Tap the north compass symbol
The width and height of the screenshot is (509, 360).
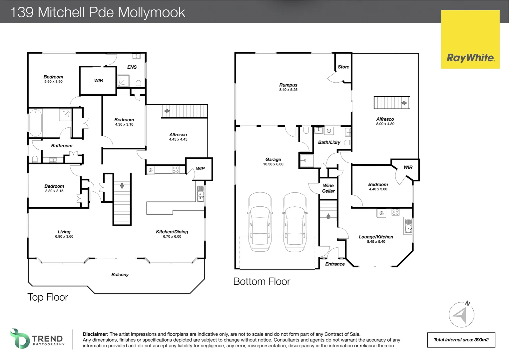pyautogui.click(x=461, y=314)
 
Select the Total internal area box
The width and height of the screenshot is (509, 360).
pyautogui.click(x=461, y=340)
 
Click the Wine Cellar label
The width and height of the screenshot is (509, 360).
pyautogui.click(x=328, y=188)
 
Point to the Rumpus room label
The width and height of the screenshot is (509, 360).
pyautogui.click(x=288, y=85)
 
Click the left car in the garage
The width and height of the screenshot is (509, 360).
pyautogui.click(x=260, y=222)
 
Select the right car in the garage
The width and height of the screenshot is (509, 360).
pyautogui.click(x=295, y=222)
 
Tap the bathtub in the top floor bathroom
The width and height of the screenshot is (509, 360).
pyautogui.click(x=35, y=122)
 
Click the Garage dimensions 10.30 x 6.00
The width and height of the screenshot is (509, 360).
pyautogui.click(x=273, y=164)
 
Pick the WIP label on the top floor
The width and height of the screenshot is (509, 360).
pyautogui.click(x=200, y=169)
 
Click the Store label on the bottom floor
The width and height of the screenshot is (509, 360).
pyautogui.click(x=343, y=67)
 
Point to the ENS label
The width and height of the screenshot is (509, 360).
pyautogui.click(x=132, y=67)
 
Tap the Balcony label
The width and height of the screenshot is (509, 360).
pyautogui.click(x=120, y=275)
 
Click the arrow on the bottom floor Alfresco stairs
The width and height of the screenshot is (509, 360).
pyautogui.click(x=404, y=103)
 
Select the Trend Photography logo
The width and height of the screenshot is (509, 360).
pyautogui.click(x=37, y=339)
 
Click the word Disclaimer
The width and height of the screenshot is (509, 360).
pyautogui.click(x=95, y=334)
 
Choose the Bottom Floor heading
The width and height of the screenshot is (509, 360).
pyautogui.click(x=261, y=282)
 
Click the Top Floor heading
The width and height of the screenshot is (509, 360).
pyautogui.click(x=48, y=297)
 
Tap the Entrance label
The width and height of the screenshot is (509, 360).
pyautogui.click(x=335, y=264)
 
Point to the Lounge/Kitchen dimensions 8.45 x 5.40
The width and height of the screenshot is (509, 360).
pyautogui.click(x=376, y=242)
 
